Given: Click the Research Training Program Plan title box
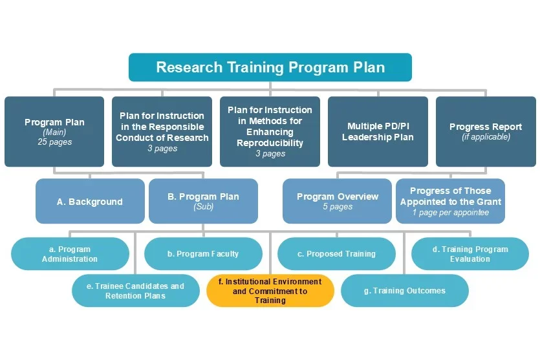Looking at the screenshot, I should [270, 67].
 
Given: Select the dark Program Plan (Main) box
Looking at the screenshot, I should [54, 131].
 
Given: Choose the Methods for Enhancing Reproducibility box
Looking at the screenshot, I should [270, 131].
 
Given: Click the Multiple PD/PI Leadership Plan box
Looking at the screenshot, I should [378, 131].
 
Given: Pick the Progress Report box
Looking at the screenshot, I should [486, 131].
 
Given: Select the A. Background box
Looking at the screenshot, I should [90, 202].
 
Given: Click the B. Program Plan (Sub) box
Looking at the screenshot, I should [203, 202].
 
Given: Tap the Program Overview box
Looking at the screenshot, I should [337, 202].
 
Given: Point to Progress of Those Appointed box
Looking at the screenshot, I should [450, 202].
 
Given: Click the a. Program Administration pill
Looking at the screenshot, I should [70, 254].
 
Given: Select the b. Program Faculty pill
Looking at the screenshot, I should [203, 254].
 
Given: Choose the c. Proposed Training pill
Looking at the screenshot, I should [336, 254].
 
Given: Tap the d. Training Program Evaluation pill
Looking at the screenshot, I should [470, 254].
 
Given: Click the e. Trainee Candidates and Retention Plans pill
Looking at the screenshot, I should [135, 291].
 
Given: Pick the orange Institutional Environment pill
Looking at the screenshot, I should [270, 291].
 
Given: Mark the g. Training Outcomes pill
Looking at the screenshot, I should [404, 291].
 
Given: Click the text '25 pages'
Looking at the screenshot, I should [54, 142].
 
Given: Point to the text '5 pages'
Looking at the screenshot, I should [338, 207].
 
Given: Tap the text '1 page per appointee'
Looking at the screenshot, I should [450, 213].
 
